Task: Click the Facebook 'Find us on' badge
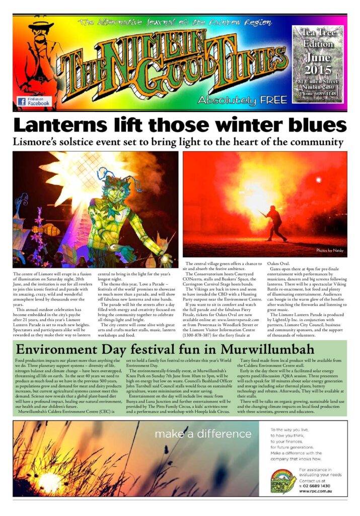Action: pyautogui.click(x=34, y=101)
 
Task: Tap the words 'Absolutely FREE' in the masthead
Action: pyautogui.click(x=242, y=100)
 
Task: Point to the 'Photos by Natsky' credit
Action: pyautogui.click(x=331, y=250)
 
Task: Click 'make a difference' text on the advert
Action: pyautogui.click(x=203, y=434)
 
